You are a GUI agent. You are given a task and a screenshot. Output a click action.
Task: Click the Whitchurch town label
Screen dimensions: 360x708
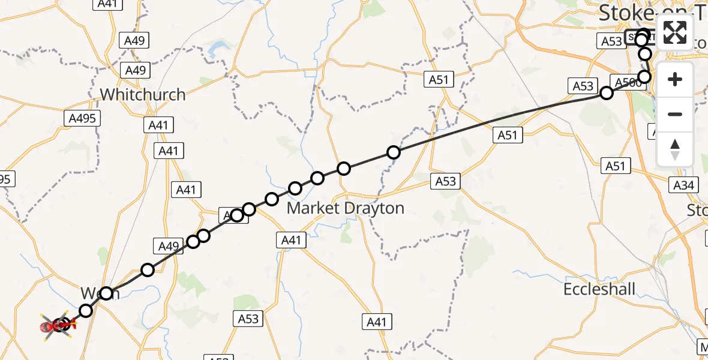[142, 94]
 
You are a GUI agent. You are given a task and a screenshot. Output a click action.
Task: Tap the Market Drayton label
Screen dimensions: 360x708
[345, 208]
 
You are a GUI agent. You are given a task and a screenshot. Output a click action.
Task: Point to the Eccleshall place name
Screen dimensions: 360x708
[599, 289]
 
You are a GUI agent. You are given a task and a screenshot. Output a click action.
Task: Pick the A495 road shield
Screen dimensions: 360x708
[83, 118]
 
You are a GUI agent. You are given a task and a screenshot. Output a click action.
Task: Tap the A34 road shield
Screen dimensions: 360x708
[683, 185]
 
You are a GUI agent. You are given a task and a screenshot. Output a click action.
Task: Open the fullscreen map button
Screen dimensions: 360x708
[675, 32]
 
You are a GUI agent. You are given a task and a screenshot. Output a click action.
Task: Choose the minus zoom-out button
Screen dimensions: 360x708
[675, 114]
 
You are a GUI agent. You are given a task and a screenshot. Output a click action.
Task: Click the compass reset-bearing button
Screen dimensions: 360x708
[675, 149]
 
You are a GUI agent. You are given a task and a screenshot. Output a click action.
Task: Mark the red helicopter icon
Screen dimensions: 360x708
[59, 326]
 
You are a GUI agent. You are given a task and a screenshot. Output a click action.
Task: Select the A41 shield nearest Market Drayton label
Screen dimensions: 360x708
[291, 241]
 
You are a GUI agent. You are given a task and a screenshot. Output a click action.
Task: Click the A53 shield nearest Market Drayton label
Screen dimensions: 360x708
[446, 181]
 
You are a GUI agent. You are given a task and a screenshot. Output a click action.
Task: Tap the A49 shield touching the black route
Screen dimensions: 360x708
[169, 245]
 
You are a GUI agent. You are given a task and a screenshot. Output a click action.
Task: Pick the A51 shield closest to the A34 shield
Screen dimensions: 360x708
[616, 166]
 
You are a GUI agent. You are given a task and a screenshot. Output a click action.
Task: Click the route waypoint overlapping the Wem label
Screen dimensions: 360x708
[106, 293]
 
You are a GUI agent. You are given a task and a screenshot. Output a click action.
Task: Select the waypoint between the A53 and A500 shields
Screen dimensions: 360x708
[607, 92]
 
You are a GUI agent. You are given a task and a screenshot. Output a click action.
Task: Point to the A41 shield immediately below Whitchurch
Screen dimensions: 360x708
[158, 125]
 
